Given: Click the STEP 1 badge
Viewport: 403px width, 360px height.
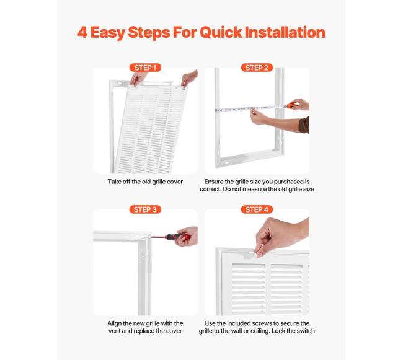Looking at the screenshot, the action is click(x=145, y=68).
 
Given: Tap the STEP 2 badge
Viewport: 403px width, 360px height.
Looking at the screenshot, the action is click(x=257, y=68).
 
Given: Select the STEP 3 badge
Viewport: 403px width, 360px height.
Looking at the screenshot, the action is click(x=145, y=209).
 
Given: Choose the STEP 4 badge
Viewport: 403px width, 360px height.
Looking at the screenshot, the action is click(x=257, y=209).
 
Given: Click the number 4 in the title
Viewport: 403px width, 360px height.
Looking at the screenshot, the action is click(x=82, y=33).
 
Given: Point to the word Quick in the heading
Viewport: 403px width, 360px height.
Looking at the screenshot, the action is click(x=221, y=33).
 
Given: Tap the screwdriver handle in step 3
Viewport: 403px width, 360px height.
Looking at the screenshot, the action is click(x=176, y=236).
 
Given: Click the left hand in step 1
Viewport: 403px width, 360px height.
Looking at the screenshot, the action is click(x=138, y=79).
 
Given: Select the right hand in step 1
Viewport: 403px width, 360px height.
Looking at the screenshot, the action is click(x=189, y=78).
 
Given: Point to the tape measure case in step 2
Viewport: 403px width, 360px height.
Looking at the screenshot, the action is click(x=291, y=105).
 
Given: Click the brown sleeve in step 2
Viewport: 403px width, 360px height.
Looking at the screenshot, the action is click(x=304, y=125).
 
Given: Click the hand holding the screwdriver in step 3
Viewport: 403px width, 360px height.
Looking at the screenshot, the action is click(x=188, y=236).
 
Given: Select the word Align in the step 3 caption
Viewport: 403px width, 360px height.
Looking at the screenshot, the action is click(x=114, y=323).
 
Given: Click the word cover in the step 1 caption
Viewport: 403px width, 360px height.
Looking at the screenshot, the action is click(x=175, y=182).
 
